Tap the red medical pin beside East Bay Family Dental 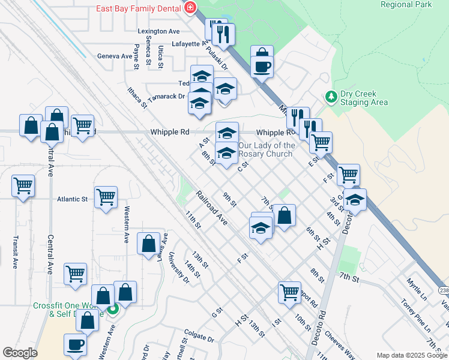tap(190, 8)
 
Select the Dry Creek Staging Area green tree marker tap(330, 96)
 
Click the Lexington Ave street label tap(158, 31)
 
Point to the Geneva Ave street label tap(114, 56)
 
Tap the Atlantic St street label tap(73, 199)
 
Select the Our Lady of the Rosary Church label tap(267, 149)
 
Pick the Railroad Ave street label tap(212, 208)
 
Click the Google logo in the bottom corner tap(20, 353)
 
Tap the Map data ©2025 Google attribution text tap(411, 355)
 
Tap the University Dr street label tap(178, 265)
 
